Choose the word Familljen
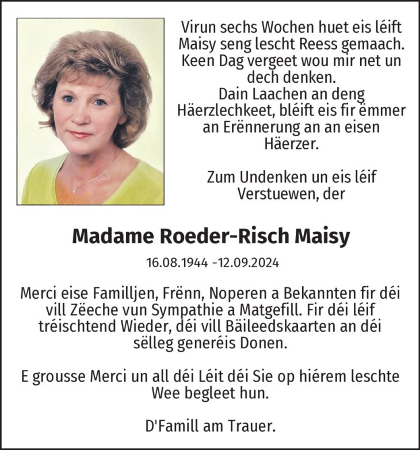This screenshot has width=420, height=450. (x=122, y=293)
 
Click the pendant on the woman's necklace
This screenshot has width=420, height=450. (x=75, y=189)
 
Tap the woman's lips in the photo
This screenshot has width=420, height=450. (x=81, y=134)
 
